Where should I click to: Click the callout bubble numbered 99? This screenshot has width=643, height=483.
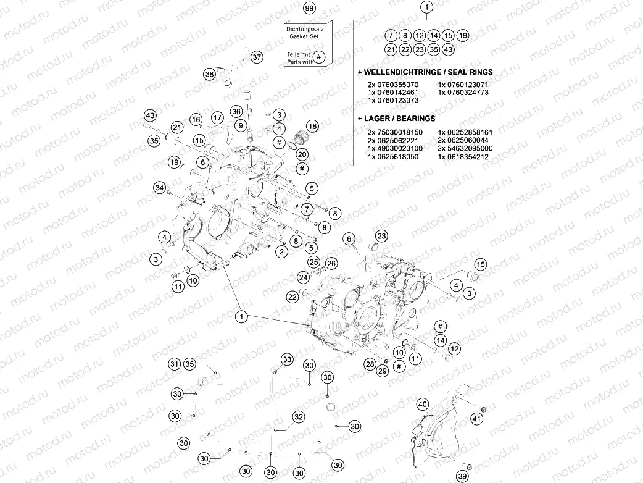pyautogui.click(x=309, y=8)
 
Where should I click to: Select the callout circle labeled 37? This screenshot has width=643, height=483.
pyautogui.click(x=257, y=57)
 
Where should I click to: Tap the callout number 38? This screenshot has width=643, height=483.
pyautogui.click(x=209, y=74)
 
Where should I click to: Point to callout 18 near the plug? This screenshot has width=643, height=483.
pyautogui.click(x=312, y=126)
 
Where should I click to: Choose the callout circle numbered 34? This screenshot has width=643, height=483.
pyautogui.click(x=159, y=187)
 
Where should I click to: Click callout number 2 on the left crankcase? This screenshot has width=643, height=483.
pyautogui.click(x=281, y=251)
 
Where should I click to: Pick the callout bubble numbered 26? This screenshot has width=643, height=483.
pyautogui.click(x=331, y=264)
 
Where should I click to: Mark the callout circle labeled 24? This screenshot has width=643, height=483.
pyautogui.click(x=303, y=277)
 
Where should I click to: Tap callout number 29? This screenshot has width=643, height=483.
pyautogui.click(x=383, y=371)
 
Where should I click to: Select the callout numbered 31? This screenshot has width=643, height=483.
pyautogui.click(x=175, y=364)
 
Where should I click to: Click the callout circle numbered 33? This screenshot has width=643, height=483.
pyautogui.click(x=287, y=359)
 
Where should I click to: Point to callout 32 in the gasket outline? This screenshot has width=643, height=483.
pyautogui.click(x=298, y=417)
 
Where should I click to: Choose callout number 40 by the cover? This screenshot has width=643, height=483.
pyautogui.click(x=422, y=405)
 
